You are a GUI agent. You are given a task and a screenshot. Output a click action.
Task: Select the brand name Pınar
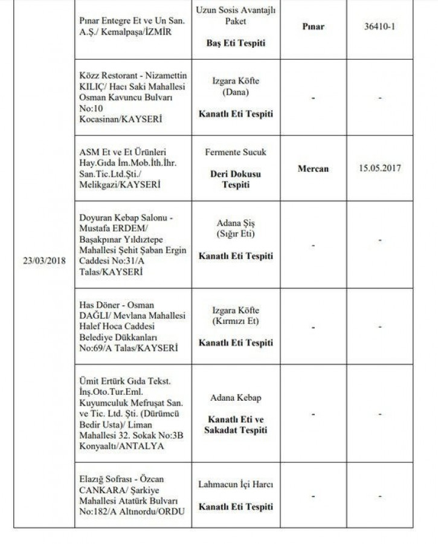pos(313,27)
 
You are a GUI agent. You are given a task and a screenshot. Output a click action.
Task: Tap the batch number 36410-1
pos(380,27)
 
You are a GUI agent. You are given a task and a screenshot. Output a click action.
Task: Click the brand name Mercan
pos(313,169)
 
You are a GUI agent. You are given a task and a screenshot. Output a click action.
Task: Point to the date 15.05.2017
pos(380,169)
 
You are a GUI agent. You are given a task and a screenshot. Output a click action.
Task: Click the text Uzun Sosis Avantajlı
pos(236,11)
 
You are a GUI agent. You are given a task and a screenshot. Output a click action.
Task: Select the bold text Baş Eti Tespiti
pos(236,44)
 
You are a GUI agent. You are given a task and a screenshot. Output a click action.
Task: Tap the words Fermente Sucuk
pos(236,152)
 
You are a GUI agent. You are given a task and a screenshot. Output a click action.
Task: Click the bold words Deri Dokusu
pos(236,174)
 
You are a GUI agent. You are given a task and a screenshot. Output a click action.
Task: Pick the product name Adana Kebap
pos(236,398)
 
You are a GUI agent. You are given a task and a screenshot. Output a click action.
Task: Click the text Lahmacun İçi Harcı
pos(236,485)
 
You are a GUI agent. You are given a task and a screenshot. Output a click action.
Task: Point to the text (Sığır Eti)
pos(236,233)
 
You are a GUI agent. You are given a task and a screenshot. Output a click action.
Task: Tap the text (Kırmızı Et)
pos(236,321)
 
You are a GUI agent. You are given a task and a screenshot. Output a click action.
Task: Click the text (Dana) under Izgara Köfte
pos(236,92)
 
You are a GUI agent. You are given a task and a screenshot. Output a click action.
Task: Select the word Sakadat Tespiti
pos(236,430)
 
